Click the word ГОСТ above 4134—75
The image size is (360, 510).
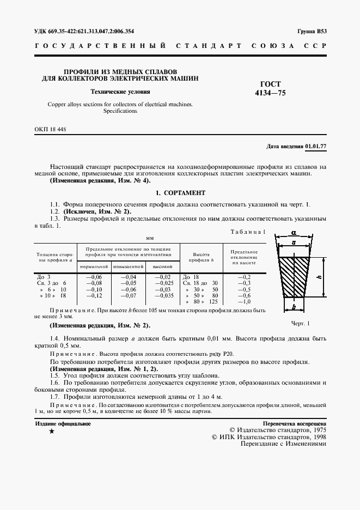270,84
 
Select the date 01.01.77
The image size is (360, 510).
316,147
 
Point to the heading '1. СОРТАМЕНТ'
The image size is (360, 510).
180,193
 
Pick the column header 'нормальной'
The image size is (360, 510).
94,266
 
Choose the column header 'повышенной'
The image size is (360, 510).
128,266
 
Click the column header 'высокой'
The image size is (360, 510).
162,266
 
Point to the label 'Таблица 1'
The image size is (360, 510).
248,233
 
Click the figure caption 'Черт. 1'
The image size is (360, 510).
300,323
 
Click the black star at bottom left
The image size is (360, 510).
51,431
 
